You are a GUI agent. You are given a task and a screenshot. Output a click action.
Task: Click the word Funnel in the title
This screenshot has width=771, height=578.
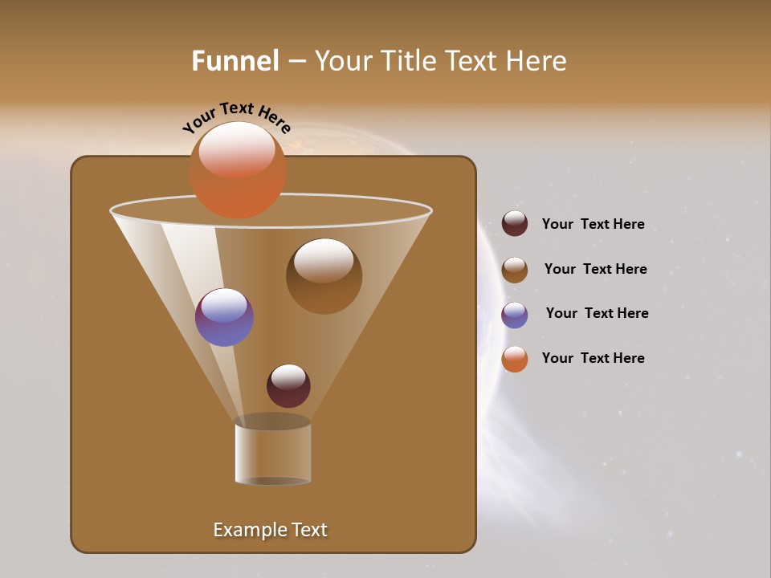(235, 61)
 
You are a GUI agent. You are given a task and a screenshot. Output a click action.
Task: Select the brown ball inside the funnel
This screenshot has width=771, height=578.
(324, 277)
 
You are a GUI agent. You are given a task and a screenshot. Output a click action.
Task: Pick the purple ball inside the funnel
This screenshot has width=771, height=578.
(224, 318)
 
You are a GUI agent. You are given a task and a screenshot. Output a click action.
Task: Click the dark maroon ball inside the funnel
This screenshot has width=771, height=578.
(288, 386)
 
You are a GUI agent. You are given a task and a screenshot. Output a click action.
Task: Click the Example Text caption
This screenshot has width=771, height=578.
(270, 530)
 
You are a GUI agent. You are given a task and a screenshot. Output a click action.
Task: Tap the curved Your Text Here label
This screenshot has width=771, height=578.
(236, 117)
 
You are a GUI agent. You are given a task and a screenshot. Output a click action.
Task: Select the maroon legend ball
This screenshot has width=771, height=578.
(515, 224)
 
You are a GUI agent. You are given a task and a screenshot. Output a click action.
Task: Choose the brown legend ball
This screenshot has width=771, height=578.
(515, 270)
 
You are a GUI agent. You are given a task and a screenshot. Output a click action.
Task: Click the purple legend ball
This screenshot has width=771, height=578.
(515, 315)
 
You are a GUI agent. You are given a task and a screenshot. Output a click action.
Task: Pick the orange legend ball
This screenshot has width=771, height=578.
(515, 359)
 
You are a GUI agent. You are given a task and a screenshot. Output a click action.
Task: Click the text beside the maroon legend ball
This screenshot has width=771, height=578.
(593, 225)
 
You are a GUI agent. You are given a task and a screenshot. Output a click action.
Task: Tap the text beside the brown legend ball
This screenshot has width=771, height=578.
(595, 270)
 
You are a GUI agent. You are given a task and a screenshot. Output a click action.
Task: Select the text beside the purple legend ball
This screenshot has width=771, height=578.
(597, 314)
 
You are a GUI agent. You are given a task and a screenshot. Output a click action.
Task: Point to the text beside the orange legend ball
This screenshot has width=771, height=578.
(593, 359)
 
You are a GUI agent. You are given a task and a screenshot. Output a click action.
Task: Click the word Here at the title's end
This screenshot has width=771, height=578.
(536, 61)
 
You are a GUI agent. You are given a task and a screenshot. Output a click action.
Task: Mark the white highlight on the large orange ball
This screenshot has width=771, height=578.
(237, 149)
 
